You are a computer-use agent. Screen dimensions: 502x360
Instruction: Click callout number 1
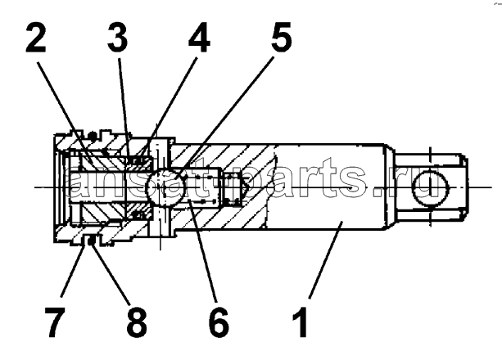click(x=301, y=322)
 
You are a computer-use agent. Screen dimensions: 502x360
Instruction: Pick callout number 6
click(x=219, y=322)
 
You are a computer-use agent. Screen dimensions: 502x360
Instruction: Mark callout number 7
click(x=55, y=322)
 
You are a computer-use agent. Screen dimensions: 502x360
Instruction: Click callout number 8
click(x=137, y=322)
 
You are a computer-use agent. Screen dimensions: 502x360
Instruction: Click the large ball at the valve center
click(x=164, y=187)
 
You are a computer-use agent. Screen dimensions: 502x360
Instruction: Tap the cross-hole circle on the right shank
click(x=430, y=187)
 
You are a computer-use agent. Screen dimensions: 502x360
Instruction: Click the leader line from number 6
click(x=203, y=250)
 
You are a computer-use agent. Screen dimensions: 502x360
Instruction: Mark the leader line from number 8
click(x=111, y=273)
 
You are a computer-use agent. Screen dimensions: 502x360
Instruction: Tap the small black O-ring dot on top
click(x=93, y=136)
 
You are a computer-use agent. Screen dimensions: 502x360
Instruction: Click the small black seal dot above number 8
click(x=91, y=240)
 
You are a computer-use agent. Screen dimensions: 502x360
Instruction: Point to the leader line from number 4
click(x=169, y=108)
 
